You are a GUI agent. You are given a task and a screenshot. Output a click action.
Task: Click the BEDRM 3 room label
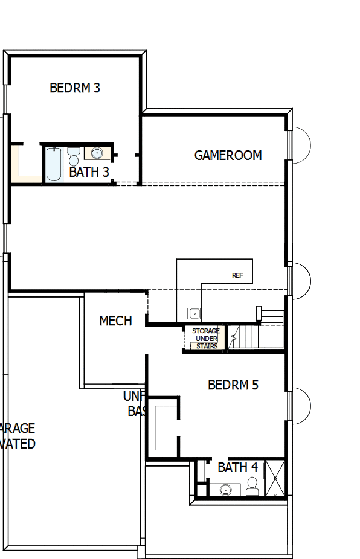(75, 88)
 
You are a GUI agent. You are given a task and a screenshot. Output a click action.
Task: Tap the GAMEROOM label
(228, 155)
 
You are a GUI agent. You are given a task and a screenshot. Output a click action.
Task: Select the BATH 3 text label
(89, 172)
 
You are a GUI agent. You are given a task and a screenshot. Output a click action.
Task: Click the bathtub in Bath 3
(53, 164)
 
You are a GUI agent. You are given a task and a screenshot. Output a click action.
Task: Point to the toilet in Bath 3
(74, 156)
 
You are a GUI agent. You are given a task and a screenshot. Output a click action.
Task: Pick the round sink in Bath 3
(97, 152)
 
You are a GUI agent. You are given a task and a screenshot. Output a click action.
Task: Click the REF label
(237, 275)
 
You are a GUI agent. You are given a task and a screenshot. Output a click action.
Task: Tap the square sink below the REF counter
(194, 313)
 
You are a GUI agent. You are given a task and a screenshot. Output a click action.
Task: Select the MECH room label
(115, 321)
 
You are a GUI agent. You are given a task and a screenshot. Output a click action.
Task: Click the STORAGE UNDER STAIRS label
(205, 339)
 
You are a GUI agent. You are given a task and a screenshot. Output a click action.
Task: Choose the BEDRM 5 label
(233, 385)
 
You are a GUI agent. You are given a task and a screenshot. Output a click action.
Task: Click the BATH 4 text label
(237, 467)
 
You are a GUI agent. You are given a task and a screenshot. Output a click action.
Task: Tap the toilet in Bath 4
(252, 485)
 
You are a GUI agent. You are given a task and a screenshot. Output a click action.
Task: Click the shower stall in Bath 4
(275, 478)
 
